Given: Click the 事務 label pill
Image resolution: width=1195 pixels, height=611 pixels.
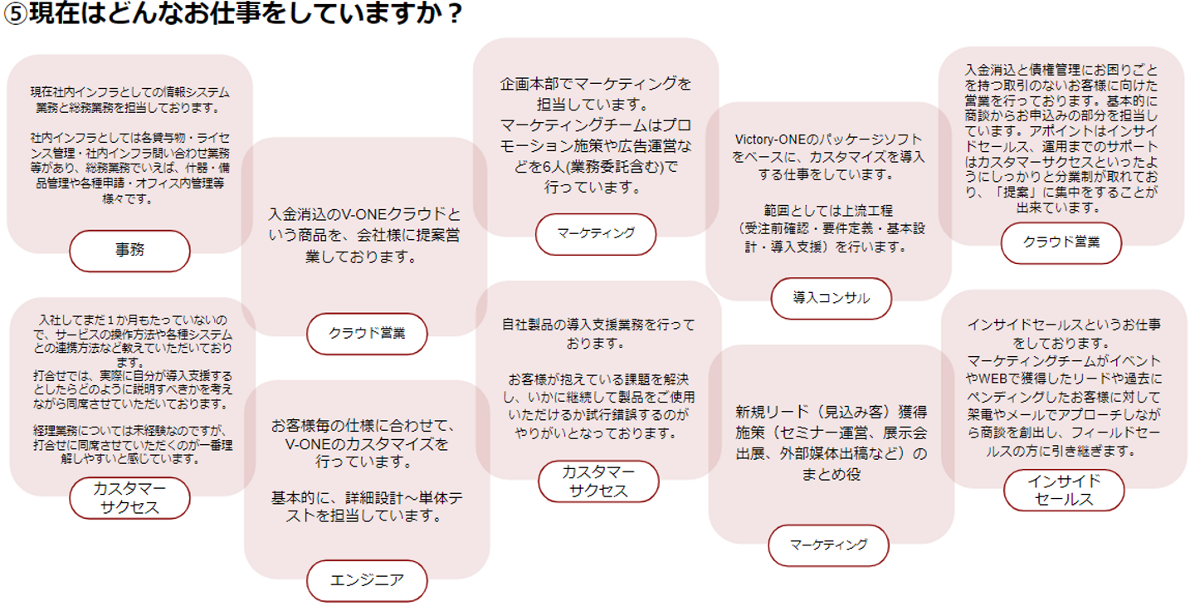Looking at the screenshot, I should tap(129, 251).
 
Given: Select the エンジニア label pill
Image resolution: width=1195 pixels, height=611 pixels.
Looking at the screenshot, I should tap(367, 580).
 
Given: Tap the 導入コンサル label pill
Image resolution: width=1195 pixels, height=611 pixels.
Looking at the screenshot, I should tap(832, 298).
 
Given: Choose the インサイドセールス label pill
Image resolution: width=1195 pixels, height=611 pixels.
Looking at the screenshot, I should tap(1063, 490).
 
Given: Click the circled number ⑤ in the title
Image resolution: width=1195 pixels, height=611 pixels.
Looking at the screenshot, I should tap(15, 15).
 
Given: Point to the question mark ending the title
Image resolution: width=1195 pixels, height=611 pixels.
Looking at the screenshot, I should tap(453, 15).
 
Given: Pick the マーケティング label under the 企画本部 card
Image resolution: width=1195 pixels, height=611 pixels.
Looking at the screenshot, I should tap(595, 233).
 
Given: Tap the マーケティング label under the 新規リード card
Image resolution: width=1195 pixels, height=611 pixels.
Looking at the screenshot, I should tap(828, 545).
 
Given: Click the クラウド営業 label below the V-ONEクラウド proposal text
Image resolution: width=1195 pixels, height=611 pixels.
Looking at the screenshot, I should tap(367, 334).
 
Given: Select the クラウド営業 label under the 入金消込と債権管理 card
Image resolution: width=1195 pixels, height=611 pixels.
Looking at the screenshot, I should tap(1061, 242).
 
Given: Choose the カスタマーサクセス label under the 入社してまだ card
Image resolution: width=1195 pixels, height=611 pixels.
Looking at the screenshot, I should tap(129, 497).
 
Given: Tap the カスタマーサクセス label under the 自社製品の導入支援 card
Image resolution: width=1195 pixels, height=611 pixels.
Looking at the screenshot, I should tap(598, 481).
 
